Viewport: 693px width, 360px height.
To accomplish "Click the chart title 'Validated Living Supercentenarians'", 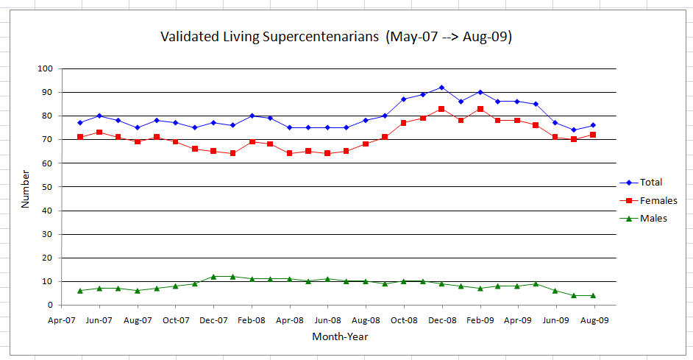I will pyautogui.click(x=336, y=37).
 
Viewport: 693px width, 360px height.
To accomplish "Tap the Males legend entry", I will pyautogui.click(x=651, y=219).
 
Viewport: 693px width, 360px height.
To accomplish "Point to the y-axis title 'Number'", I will pyautogui.click(x=25, y=188).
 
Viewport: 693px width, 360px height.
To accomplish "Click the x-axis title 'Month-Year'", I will pyautogui.click(x=340, y=337).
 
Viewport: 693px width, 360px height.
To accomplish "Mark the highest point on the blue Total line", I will pyautogui.click(x=441, y=88).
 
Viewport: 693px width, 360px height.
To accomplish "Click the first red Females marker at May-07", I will pyautogui.click(x=80, y=137).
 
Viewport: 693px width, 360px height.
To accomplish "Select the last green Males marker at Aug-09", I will pyautogui.click(x=593, y=296).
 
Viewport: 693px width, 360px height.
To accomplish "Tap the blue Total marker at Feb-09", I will pyautogui.click(x=480, y=92).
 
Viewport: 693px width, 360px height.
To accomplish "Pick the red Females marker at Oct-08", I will pyautogui.click(x=404, y=123).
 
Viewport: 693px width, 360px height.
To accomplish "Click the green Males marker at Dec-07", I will pyautogui.click(x=213, y=277).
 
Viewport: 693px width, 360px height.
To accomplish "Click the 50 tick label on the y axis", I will pyautogui.click(x=48, y=187).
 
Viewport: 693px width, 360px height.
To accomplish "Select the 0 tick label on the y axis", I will pyautogui.click(x=51, y=305).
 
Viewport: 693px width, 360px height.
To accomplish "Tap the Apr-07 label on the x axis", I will pyautogui.click(x=62, y=320).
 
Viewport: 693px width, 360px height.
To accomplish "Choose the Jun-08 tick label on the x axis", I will pyautogui.click(x=327, y=320).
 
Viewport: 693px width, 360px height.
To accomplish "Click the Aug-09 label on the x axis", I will pyautogui.click(x=594, y=320).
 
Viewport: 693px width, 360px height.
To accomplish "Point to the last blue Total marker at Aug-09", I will pyautogui.click(x=593, y=125).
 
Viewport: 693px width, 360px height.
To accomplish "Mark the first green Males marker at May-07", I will pyautogui.click(x=80, y=291).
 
